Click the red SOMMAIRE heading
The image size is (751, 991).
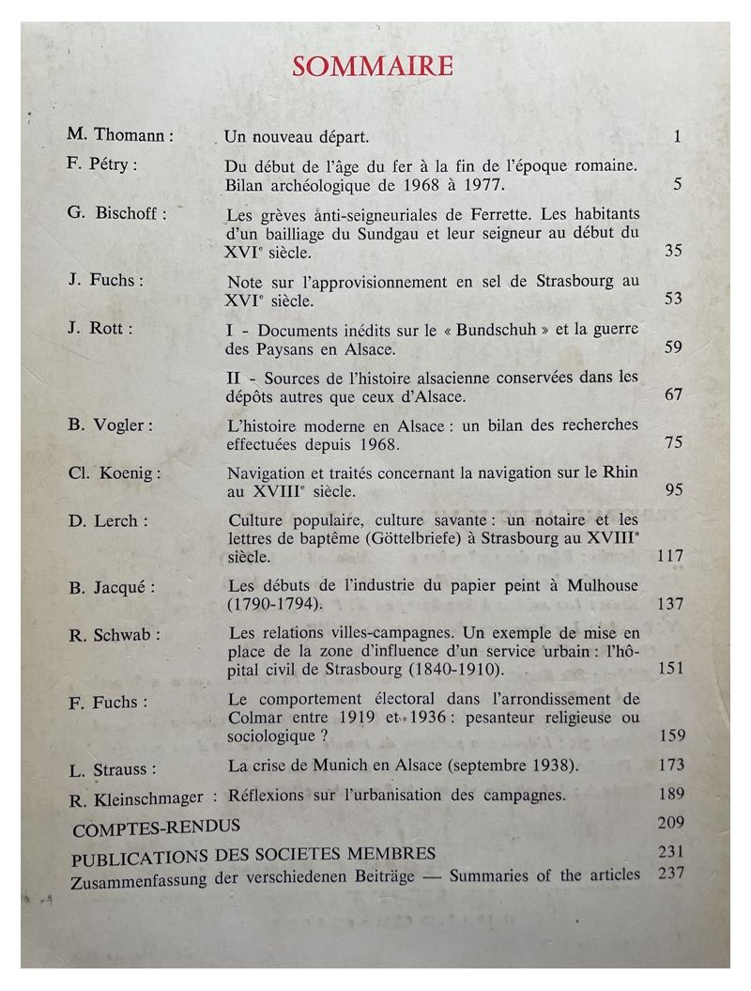(373, 66)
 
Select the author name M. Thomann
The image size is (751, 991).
(119, 135)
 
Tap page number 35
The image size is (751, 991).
(673, 251)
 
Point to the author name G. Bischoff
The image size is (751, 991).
(116, 212)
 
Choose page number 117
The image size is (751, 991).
(670, 556)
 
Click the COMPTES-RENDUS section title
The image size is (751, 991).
(156, 828)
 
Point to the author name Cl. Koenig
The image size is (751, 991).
(114, 472)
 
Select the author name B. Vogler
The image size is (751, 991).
(111, 426)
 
